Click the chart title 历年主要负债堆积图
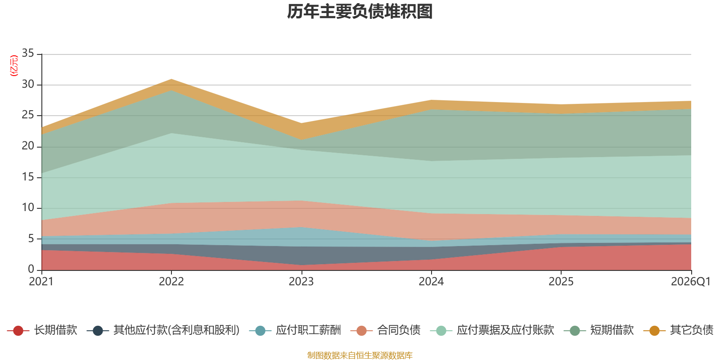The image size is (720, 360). click(360, 12)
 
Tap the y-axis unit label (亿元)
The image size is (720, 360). click(14, 66)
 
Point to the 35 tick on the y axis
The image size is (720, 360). click(28, 53)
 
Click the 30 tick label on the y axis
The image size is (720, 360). click(28, 84)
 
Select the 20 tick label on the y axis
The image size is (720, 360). click(28, 146)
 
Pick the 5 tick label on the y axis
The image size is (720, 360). click(31, 238)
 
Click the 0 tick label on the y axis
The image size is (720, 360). click(31, 269)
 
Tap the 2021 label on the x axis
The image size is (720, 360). click(41, 282)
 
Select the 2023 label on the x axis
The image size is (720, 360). click(301, 282)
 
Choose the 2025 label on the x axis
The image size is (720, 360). click(561, 282)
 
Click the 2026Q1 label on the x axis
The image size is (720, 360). click(691, 282)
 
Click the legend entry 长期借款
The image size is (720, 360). click(42, 330)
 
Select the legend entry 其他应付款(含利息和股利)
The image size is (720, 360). click(163, 330)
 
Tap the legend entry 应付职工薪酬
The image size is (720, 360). click(295, 330)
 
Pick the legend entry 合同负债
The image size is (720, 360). click(385, 330)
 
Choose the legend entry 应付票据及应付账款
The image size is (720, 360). click(492, 330)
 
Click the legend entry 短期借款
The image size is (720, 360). click(599, 330)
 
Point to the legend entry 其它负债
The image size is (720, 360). click(679, 330)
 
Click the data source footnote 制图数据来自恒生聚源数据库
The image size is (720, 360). click(360, 355)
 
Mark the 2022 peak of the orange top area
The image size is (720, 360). click(171, 79)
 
